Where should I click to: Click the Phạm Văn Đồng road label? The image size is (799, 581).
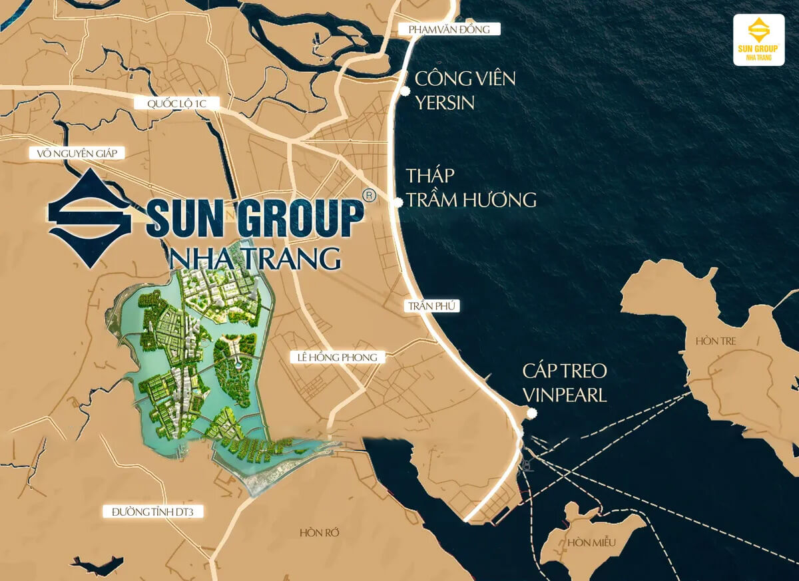tap(449, 29)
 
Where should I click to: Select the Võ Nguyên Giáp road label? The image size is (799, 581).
tap(77, 154)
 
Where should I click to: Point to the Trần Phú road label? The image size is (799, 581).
tap(431, 306)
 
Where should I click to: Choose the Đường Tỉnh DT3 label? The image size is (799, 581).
tap(152, 511)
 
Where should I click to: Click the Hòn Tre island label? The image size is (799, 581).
tap(716, 341)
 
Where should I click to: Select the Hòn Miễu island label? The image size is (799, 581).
tap(592, 543)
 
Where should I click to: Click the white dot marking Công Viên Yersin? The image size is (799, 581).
tap(404, 91)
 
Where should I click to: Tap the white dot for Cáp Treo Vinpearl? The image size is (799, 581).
tap(531, 413)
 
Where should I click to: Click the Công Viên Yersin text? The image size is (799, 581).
tap(465, 90)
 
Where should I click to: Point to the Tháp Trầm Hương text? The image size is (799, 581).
tap(471, 188)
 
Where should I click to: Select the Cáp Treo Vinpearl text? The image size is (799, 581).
tap(565, 383)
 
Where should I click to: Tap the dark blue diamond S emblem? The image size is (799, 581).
tap(90, 218)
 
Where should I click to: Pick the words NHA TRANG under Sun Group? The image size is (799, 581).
tap(255, 257)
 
